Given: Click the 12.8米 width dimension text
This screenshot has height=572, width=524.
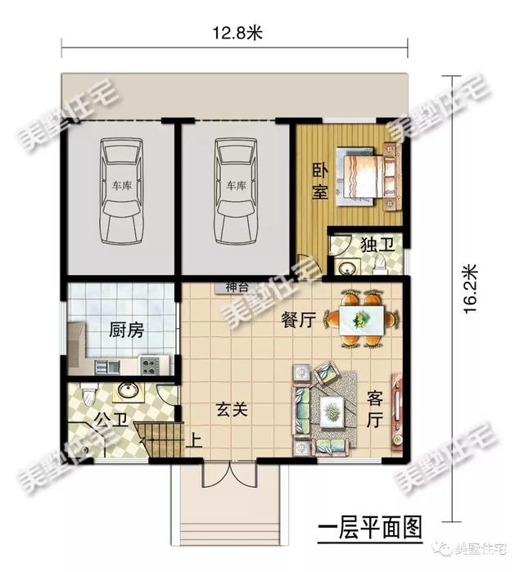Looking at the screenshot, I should tap(237, 34).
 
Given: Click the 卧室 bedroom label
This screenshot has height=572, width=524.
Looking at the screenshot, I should tap(320, 181).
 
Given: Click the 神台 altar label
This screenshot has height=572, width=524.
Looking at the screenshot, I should tap(237, 287).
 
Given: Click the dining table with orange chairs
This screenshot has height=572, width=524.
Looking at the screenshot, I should tap(359, 320).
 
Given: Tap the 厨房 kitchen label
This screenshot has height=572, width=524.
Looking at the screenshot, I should tap(126, 331).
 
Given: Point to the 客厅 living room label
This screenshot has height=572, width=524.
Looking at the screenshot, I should tap(374, 408).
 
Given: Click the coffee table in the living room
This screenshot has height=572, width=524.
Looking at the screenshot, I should tap(332, 408).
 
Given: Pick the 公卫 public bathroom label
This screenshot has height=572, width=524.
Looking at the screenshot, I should tap(111, 420).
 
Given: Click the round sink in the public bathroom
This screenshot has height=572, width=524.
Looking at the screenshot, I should tap(128, 390).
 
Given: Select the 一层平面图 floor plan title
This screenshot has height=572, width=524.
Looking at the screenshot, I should tap(364, 525).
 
